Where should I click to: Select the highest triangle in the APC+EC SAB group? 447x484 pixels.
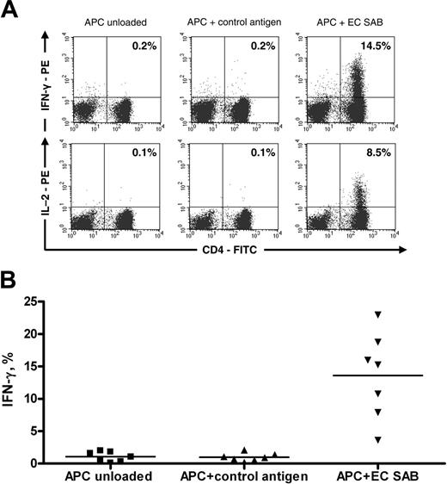377,313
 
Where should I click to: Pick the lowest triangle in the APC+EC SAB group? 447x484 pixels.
377,441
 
